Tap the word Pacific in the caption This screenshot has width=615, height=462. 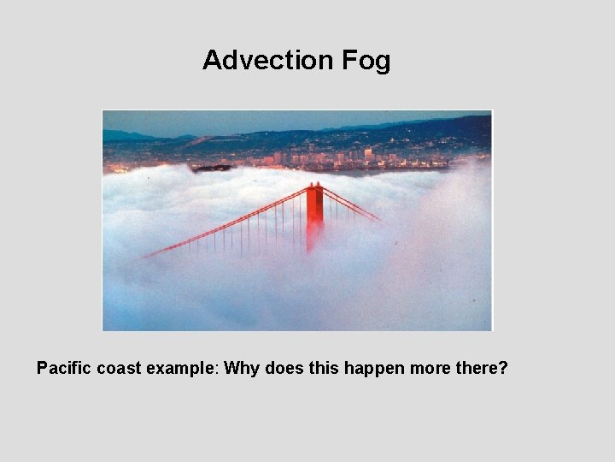(x=63, y=369)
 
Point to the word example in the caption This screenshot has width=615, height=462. (x=182, y=369)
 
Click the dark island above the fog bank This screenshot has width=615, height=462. (x=212, y=168)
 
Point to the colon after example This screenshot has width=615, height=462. (x=218, y=370)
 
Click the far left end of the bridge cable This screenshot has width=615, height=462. (x=145, y=256)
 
